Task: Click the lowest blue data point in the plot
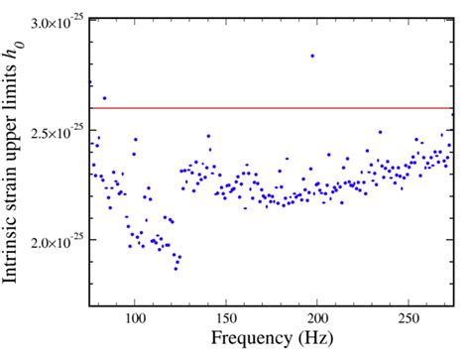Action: pos(176,269)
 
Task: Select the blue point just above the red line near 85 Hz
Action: pos(105,98)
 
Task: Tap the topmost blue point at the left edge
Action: pos(90,82)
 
